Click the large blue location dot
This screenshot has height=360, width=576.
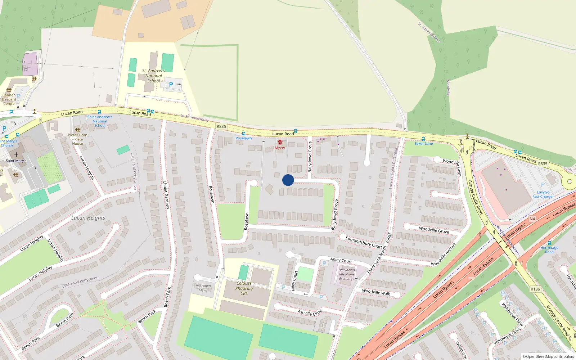288,180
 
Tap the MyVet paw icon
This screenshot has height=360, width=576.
280,143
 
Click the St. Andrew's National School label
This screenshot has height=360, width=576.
153,76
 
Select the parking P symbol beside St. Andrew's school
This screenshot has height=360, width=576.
171,85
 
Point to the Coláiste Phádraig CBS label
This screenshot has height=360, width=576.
244,288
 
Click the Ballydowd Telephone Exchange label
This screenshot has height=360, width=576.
347,274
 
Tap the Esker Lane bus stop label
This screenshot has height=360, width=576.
424,144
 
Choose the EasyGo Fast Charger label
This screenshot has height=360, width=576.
543,194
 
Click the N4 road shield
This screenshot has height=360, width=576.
532,219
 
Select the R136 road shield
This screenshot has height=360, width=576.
535,289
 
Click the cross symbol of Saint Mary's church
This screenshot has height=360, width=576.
16,155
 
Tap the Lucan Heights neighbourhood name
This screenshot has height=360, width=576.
88,218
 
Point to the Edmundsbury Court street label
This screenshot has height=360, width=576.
364,242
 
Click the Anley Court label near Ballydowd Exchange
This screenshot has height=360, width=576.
341,260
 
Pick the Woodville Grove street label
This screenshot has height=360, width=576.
434,230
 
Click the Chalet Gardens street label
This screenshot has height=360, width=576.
166,195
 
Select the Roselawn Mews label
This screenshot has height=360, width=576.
203,288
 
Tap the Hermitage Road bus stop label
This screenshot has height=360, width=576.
549,249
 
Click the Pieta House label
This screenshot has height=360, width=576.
78,139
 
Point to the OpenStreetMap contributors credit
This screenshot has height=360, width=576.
548,357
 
